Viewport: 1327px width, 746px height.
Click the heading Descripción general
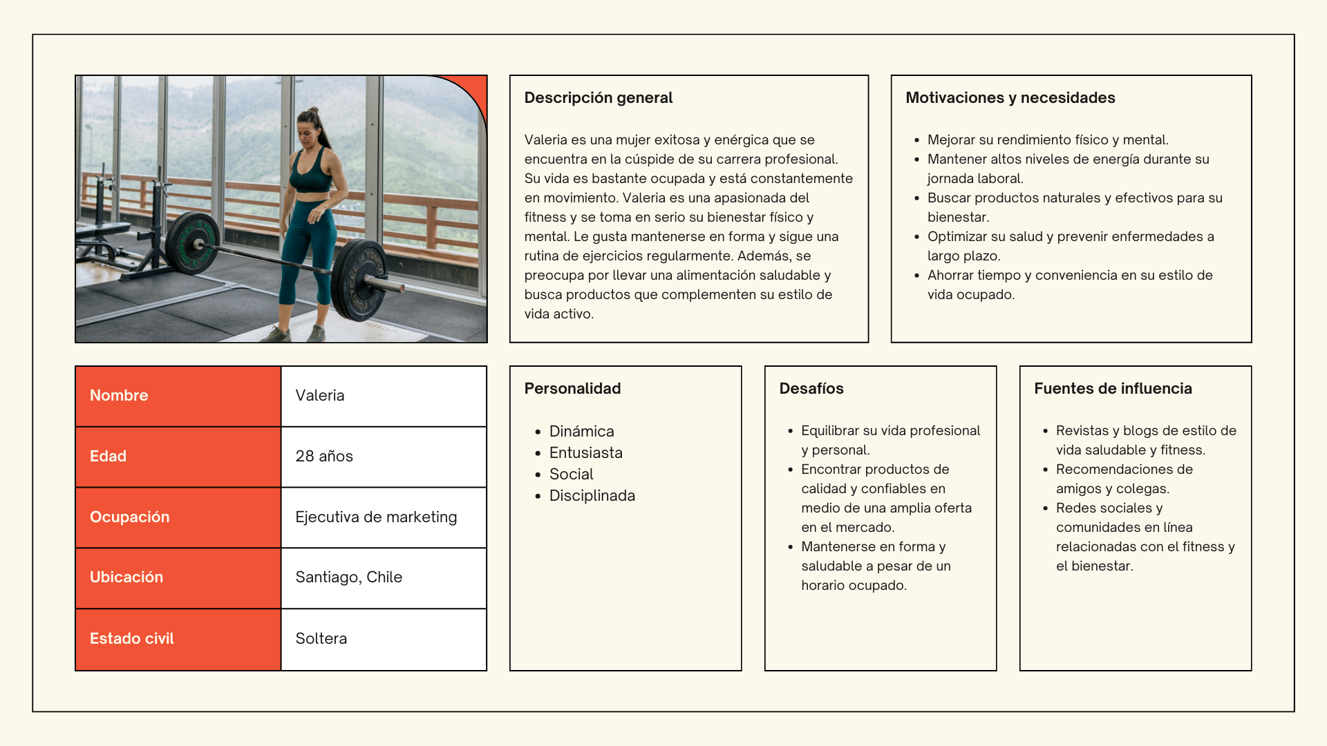[x=598, y=98]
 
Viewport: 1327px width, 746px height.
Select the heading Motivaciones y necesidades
[x=1010, y=98]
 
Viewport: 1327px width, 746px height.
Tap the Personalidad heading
[x=572, y=389]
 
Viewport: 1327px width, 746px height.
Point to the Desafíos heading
[x=811, y=389]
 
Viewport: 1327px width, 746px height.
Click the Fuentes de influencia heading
[x=1113, y=389]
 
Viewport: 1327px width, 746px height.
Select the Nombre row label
[x=119, y=396]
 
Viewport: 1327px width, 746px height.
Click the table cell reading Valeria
[x=320, y=396]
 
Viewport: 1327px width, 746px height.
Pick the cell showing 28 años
[x=324, y=457]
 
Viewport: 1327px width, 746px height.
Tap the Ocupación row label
[x=129, y=517]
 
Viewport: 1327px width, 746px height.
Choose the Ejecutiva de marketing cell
[x=376, y=517]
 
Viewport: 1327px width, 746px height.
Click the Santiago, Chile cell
[x=348, y=577]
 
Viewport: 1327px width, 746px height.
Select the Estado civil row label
[x=131, y=639]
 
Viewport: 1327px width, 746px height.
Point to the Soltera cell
[x=321, y=639]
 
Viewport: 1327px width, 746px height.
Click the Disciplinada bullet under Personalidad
[x=592, y=496]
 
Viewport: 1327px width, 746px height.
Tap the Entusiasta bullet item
[x=585, y=453]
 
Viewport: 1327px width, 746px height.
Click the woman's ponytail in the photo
[x=314, y=116]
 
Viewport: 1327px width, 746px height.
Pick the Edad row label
[x=108, y=457]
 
